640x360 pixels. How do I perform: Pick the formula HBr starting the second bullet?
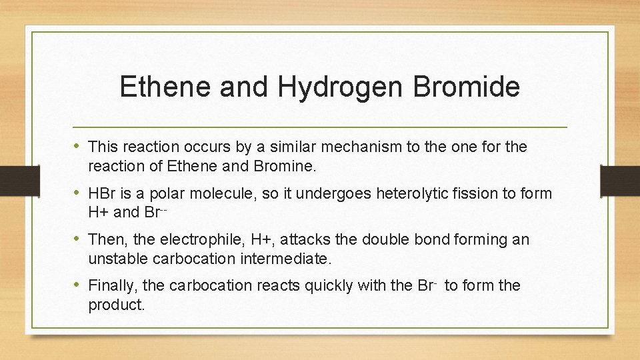click(x=101, y=193)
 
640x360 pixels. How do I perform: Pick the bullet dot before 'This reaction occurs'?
click(x=78, y=146)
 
